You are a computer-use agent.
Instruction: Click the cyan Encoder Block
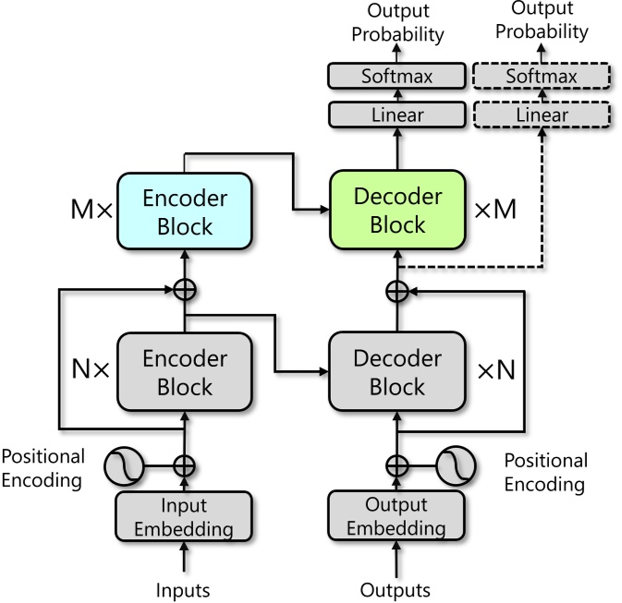pyautogui.click(x=185, y=211)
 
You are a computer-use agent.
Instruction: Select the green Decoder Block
pyautogui.click(x=396, y=211)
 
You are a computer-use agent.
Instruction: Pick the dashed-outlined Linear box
pyautogui.click(x=542, y=115)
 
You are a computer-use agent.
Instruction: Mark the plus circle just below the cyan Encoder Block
pyautogui.click(x=185, y=289)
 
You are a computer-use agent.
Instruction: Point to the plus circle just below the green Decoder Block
pyautogui.click(x=396, y=291)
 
